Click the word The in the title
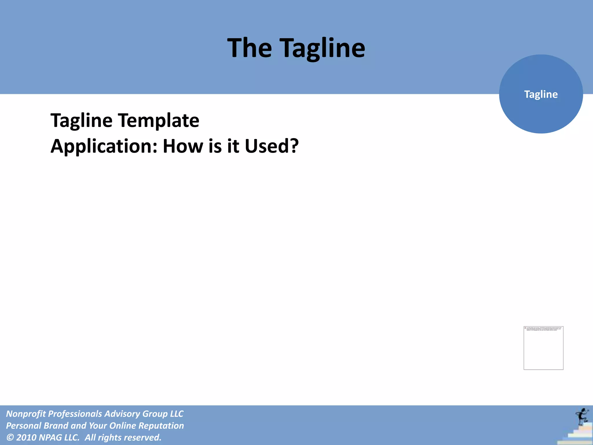(x=250, y=48)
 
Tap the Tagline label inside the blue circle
(x=541, y=94)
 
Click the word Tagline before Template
(x=81, y=121)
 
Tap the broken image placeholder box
(x=543, y=348)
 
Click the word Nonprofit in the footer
(x=26, y=414)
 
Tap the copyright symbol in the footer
(x=10, y=437)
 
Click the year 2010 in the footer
(x=26, y=437)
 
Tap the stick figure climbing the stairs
(x=581, y=416)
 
